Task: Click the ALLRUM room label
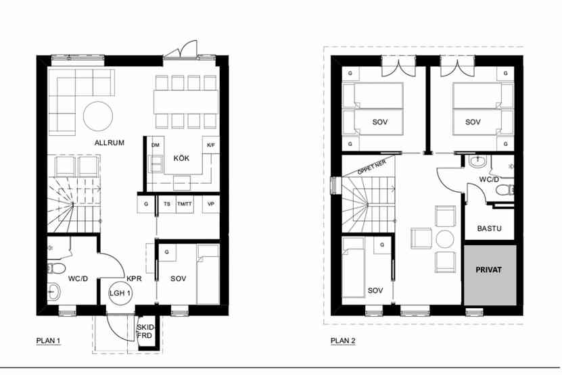pos(110,143)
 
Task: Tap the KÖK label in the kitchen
pos(181,158)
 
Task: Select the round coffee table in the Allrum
pos(98,116)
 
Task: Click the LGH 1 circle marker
pos(120,293)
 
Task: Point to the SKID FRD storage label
pos(145,332)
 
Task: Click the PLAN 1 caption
pos(48,341)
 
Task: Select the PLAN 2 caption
pos(343,341)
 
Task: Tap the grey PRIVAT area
pos(490,275)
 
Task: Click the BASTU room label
pos(489,228)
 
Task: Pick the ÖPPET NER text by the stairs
pos(372,168)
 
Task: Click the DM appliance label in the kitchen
pos(155,145)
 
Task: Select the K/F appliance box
pos(211,145)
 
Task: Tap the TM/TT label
pos(185,204)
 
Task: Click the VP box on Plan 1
pos(211,204)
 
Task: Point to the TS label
pos(167,204)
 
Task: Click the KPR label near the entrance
pos(134,278)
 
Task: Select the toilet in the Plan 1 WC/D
pos(56,268)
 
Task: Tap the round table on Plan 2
pos(445,239)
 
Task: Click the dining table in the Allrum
pos(186,102)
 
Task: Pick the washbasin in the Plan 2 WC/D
pos(477,161)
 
